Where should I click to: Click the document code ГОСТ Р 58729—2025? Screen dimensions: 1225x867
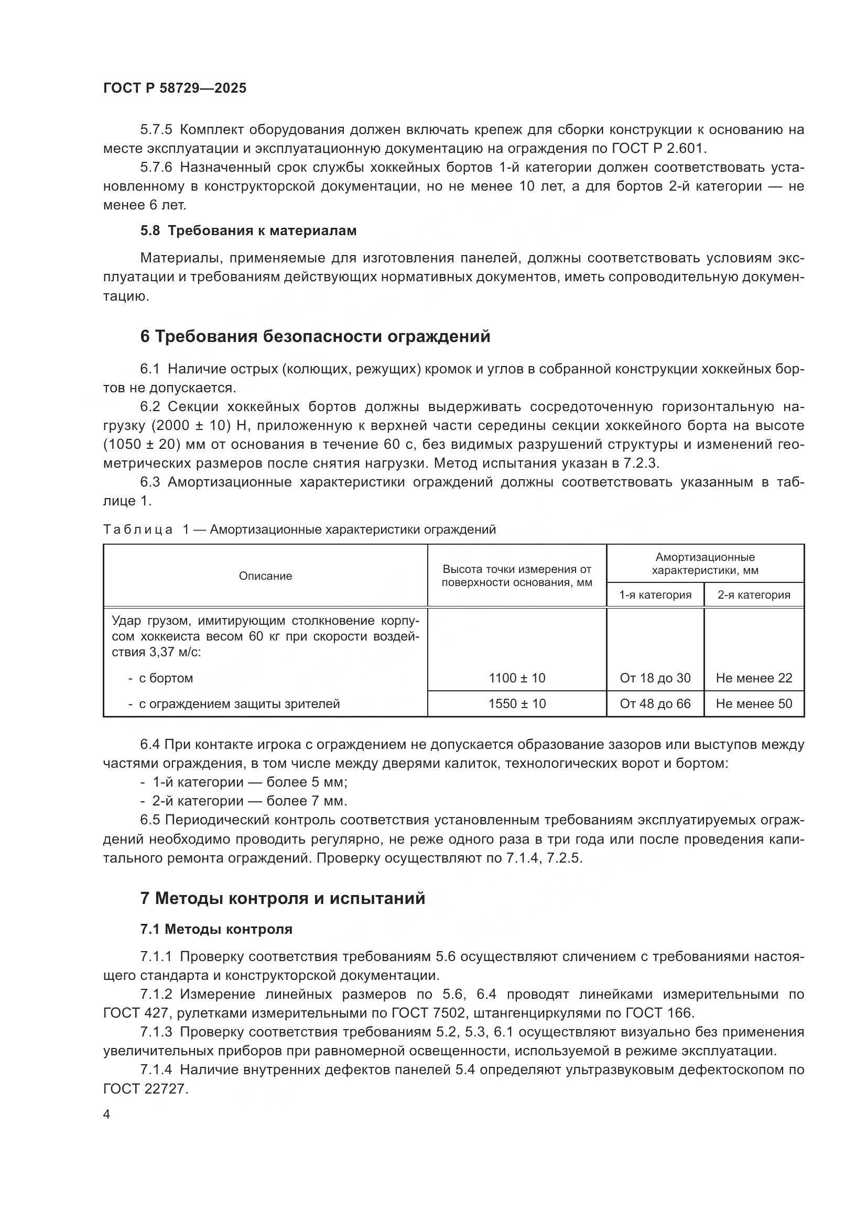175,89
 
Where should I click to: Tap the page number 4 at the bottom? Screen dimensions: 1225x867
107,1116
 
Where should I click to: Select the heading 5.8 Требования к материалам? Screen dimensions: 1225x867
248,231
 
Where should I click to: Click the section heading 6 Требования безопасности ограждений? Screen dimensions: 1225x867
315,337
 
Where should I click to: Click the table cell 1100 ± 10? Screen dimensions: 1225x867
517,678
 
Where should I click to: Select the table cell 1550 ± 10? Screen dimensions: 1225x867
517,704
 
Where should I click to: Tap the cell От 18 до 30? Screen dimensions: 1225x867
655,678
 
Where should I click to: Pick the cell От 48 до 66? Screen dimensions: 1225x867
655,704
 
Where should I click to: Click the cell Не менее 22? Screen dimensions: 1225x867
754,678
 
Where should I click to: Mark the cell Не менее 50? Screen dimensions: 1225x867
754,704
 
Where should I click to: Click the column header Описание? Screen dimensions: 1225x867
265,576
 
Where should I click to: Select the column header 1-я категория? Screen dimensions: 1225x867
655,595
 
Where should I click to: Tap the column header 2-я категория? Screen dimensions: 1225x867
754,595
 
